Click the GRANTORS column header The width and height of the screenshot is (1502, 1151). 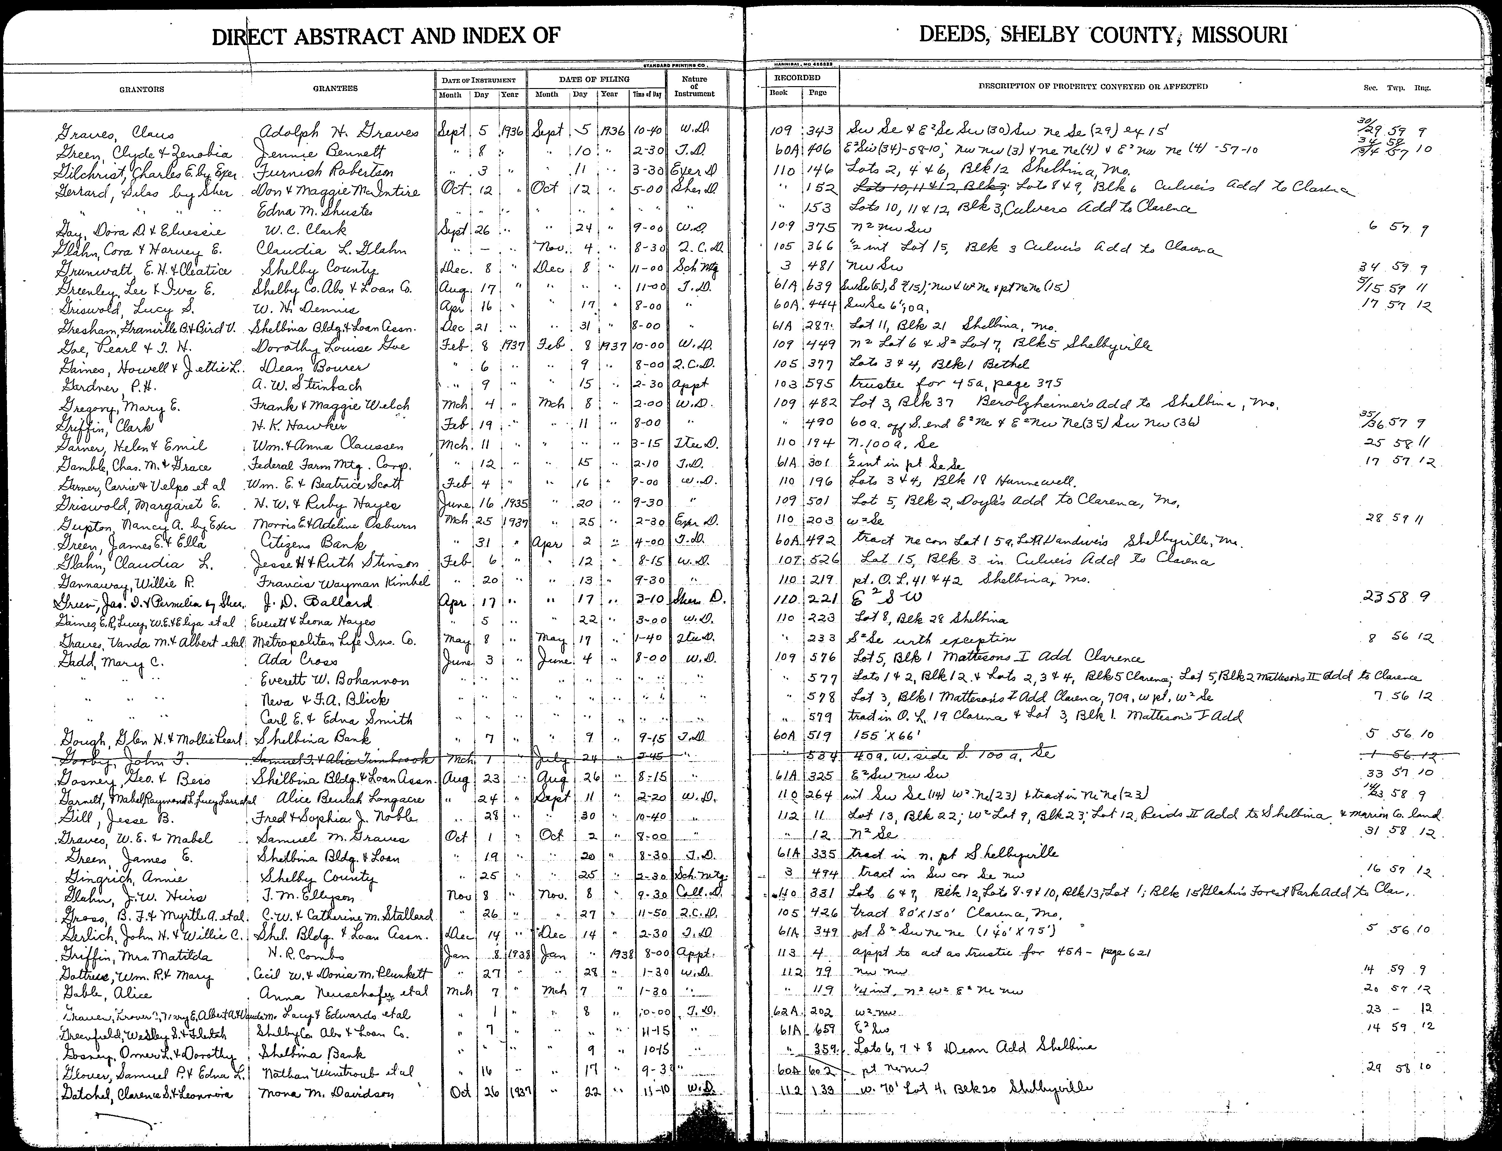click(142, 89)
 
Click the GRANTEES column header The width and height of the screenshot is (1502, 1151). click(335, 88)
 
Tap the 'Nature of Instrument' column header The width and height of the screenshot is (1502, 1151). click(694, 87)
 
